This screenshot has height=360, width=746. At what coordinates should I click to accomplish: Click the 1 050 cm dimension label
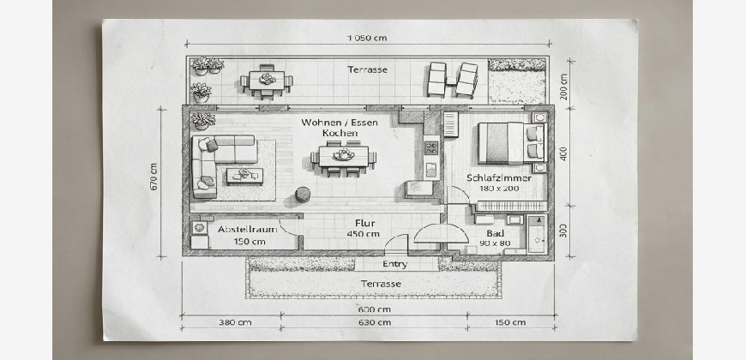[367, 38]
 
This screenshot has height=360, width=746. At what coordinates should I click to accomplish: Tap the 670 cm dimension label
[153, 177]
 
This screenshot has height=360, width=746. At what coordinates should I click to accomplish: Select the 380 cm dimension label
[235, 322]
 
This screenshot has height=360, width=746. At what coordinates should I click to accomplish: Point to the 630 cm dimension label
[375, 322]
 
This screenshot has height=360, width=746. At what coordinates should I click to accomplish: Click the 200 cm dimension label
[563, 87]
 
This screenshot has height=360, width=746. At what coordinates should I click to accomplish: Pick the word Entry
[395, 264]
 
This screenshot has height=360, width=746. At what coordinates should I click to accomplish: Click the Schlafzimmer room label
[499, 178]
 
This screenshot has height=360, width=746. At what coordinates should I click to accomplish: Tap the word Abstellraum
[248, 229]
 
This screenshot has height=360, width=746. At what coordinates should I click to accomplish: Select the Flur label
[365, 223]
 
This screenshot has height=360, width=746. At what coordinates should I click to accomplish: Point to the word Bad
[496, 233]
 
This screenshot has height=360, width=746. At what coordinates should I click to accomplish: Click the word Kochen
[340, 133]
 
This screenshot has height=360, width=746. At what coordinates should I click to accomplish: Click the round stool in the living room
[303, 194]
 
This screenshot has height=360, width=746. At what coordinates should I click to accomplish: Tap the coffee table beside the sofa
[244, 176]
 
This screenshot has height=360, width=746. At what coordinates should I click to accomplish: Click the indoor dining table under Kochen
[344, 157]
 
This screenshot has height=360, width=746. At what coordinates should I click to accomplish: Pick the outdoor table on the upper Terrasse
[267, 81]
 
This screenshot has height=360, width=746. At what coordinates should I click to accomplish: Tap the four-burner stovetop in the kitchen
[431, 148]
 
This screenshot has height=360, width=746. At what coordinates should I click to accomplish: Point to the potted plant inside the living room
[203, 120]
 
